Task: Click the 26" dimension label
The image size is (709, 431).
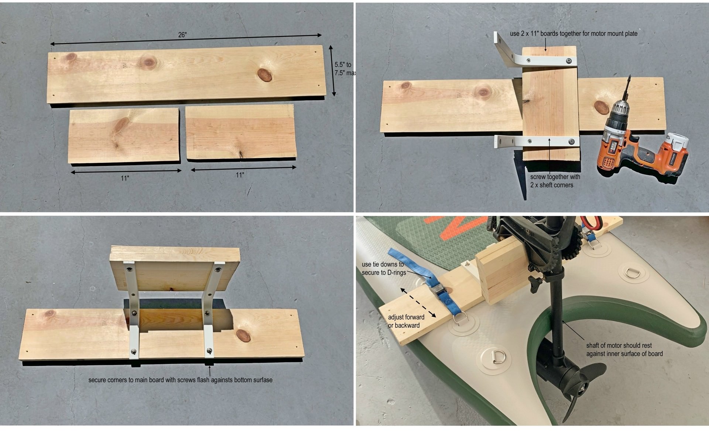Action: point(182,35)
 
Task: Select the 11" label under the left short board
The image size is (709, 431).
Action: point(125,178)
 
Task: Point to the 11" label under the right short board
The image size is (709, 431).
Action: point(240,175)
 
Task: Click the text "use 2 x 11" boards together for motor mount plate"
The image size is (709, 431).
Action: point(573,34)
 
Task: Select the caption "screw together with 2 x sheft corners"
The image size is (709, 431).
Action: point(555,181)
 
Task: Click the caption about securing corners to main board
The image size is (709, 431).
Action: point(180,380)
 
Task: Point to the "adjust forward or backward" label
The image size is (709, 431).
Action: point(406,321)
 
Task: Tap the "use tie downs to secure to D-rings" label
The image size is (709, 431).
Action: point(384,268)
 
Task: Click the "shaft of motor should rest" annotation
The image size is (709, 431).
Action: point(624,350)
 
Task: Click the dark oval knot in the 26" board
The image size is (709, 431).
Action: point(264,75)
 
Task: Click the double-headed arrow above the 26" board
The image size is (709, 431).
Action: point(186,39)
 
